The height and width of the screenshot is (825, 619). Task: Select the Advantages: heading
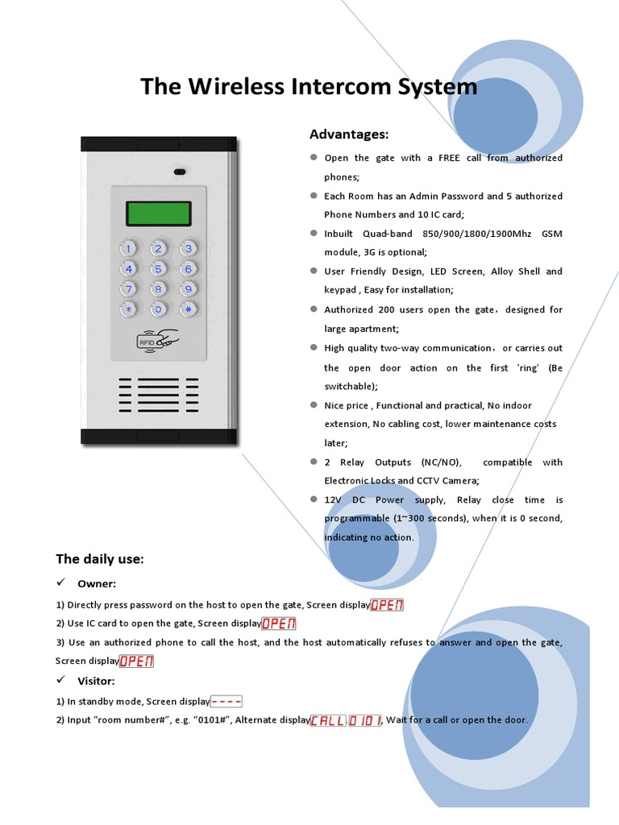click(x=349, y=134)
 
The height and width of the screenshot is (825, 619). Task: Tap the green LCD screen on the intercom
click(x=158, y=214)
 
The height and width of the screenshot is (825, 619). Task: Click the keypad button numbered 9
click(x=188, y=288)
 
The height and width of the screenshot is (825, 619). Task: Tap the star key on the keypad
click(x=128, y=309)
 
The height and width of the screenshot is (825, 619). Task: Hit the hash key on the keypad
click(x=188, y=309)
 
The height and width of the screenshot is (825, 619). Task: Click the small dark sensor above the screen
click(x=178, y=172)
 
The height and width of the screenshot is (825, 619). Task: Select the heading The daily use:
click(x=100, y=558)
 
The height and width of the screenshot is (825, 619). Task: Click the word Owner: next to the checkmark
click(x=97, y=583)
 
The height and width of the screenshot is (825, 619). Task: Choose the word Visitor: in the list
click(x=96, y=681)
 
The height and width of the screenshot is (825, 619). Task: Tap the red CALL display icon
click(x=328, y=719)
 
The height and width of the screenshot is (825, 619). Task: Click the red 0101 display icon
click(x=365, y=719)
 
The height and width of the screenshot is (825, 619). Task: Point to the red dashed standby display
click(x=226, y=702)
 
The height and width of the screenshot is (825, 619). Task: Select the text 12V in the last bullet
click(x=334, y=500)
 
